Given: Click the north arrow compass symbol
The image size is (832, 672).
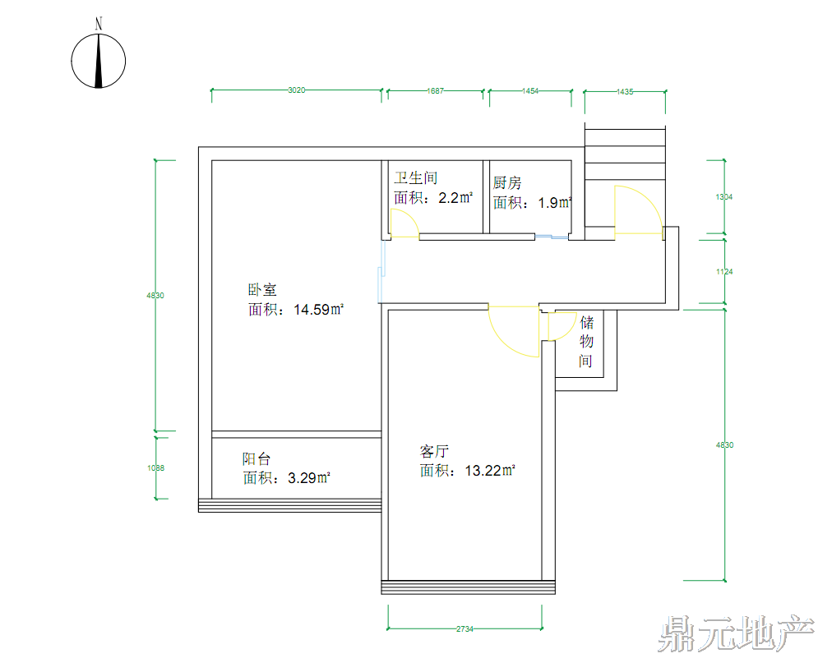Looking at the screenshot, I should point(99,59).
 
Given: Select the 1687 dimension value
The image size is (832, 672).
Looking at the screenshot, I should point(436,91).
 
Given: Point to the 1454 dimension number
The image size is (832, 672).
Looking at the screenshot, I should point(530,91).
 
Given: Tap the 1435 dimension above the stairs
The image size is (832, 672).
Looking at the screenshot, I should point(625,92).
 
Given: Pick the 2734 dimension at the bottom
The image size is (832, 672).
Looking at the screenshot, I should point(465,629).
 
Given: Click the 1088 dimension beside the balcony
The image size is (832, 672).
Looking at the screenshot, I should point(156,468).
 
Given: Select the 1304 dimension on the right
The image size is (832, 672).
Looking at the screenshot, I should point(723,197).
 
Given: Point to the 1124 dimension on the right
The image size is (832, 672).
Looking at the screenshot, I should point(723,272).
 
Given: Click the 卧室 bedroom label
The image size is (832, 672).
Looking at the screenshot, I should point(262,290).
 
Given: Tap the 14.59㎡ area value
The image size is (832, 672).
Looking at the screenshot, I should point(318,310).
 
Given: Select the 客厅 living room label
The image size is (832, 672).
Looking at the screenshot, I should point(434,451).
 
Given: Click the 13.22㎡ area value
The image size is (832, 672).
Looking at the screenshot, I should point(490,471).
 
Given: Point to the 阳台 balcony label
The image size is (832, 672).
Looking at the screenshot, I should point(257,459).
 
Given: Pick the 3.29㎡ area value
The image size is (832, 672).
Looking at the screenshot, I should point(309,478).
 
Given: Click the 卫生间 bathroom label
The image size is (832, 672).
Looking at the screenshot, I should point(415,178).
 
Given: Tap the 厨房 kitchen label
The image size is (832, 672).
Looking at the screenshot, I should point(507,182).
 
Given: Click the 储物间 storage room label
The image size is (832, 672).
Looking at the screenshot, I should point(586,341).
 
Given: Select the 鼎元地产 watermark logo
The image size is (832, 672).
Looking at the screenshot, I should point(736,634).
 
